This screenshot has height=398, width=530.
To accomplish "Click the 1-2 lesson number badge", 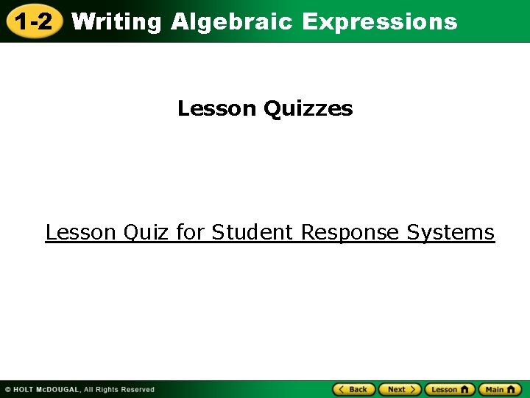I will point(33,21).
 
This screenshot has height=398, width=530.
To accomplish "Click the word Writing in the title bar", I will point(116,22).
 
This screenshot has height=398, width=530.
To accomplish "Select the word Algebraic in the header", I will point(233,22).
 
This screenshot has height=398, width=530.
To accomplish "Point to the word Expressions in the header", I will point(379,22).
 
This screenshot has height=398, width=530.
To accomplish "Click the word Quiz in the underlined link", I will point(147,233).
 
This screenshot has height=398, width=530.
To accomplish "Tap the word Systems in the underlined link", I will point(451,233).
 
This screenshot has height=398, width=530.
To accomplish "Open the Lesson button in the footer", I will point(448,389).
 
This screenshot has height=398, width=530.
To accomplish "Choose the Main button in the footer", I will point(499,389).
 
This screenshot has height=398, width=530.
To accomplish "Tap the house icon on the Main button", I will point(513,389).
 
